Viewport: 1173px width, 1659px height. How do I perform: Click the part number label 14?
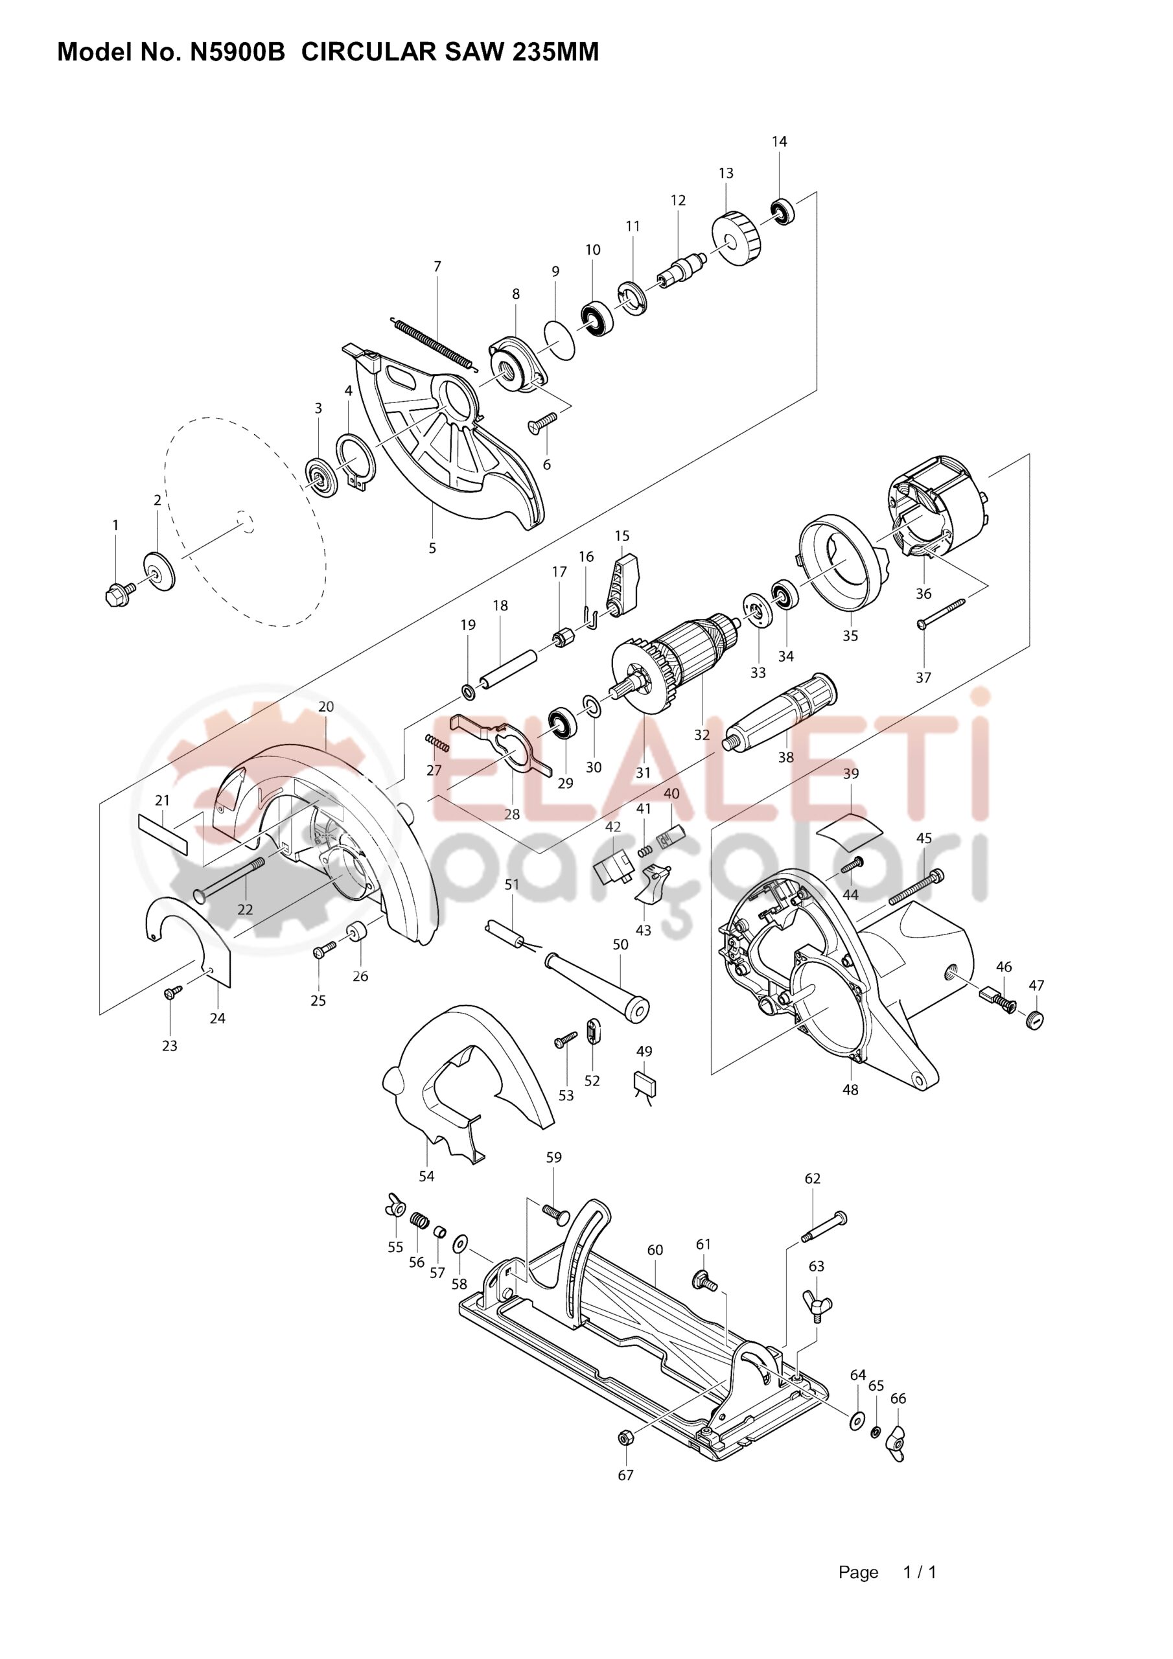(779, 142)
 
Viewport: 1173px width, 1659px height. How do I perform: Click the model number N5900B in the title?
(237, 52)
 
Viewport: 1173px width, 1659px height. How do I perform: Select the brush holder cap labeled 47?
(1036, 1020)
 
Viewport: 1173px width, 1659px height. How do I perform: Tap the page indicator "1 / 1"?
(920, 1572)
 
